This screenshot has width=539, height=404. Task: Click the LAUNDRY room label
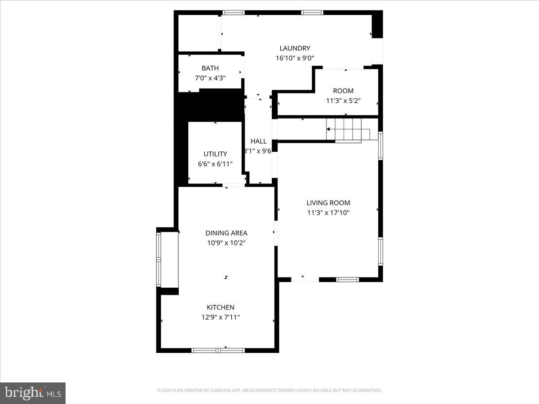(x=295, y=48)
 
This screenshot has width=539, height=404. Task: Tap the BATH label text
(x=210, y=68)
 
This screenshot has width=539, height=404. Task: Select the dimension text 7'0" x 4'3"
(x=210, y=78)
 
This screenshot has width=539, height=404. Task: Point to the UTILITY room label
(x=215, y=154)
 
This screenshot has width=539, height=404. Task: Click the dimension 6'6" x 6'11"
(x=215, y=164)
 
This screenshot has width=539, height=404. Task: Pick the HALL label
(x=259, y=141)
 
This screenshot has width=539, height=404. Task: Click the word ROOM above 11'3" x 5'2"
(x=343, y=91)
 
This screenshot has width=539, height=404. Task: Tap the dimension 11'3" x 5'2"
(x=343, y=101)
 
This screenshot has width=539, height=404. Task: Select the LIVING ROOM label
(x=328, y=203)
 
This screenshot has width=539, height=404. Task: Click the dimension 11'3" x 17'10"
(x=328, y=213)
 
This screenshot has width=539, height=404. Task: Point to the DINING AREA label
(x=226, y=233)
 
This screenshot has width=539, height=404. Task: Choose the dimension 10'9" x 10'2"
(x=226, y=243)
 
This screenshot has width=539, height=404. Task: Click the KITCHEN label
(x=221, y=307)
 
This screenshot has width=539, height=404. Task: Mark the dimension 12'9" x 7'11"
(x=221, y=317)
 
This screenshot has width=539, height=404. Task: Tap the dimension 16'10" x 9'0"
(x=295, y=58)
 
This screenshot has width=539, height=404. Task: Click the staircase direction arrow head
(x=328, y=129)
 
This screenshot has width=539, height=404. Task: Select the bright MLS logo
(x=33, y=393)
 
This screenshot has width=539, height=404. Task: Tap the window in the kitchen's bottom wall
(x=218, y=350)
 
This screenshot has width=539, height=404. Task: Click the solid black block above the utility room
(x=209, y=105)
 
